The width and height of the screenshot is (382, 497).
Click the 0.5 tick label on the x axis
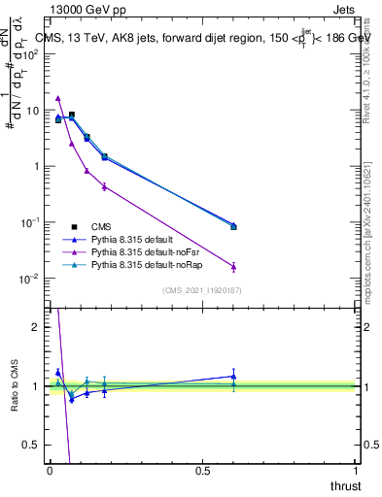[x=202, y=471]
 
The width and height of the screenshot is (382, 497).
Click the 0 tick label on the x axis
[x=51, y=471]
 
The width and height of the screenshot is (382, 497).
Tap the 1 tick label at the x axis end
[x=356, y=471]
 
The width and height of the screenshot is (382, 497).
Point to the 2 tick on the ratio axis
[x=36, y=327]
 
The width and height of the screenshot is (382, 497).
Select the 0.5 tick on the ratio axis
[x=32, y=445]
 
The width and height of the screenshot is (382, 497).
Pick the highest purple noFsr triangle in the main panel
[x=58, y=98]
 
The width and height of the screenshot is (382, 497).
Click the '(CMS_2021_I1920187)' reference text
[x=202, y=289]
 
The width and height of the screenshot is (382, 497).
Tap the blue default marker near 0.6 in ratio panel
[x=233, y=376]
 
